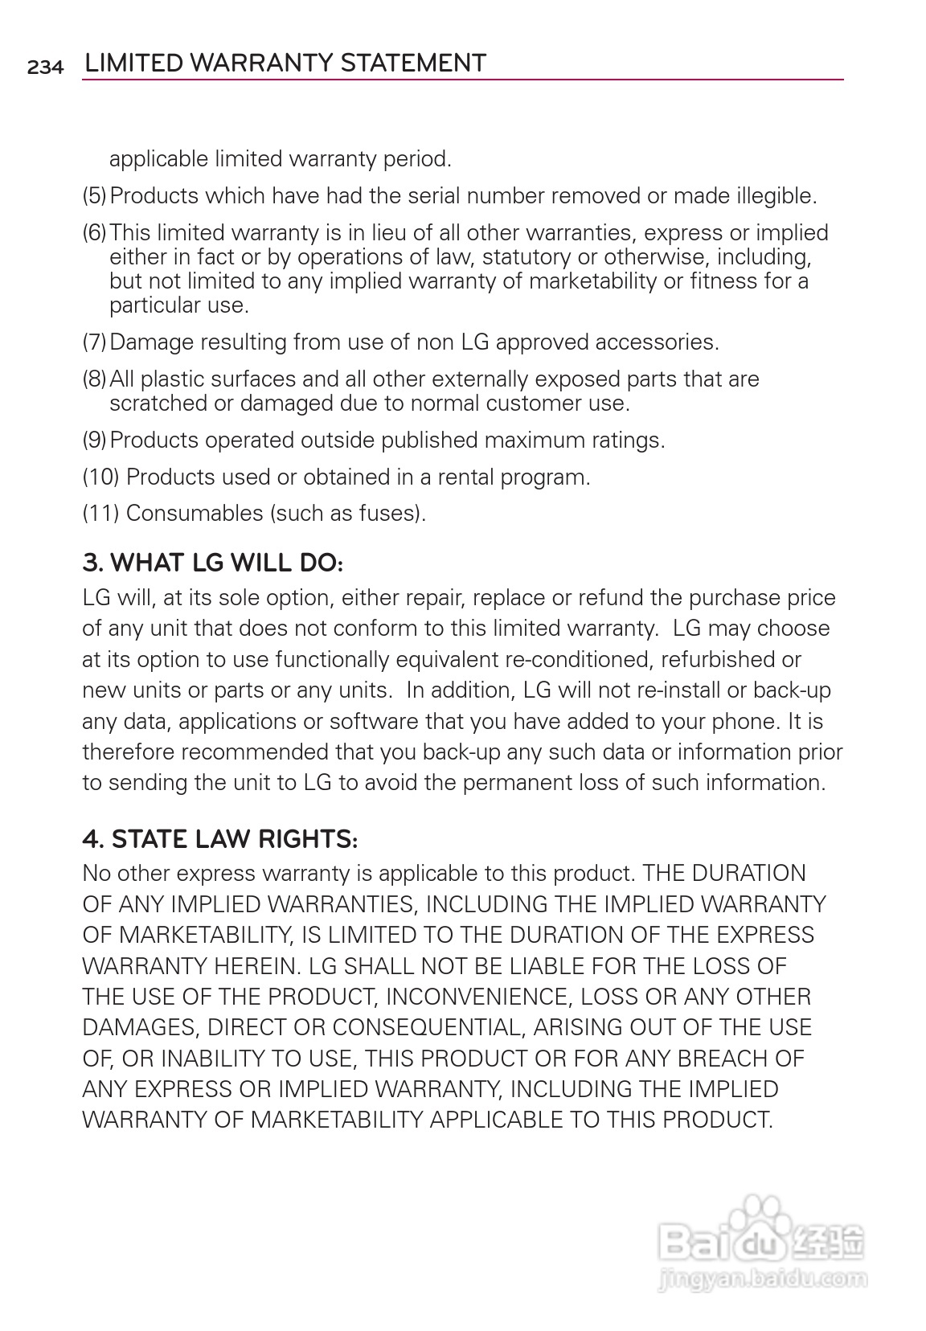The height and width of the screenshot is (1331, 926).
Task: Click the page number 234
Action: click(45, 68)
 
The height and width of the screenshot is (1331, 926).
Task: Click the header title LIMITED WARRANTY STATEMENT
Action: click(285, 63)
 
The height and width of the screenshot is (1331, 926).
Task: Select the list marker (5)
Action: click(95, 196)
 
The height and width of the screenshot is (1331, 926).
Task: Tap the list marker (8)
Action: click(95, 379)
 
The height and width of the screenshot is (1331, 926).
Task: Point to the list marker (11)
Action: click(101, 513)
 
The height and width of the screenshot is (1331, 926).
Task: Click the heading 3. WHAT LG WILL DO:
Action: click(213, 563)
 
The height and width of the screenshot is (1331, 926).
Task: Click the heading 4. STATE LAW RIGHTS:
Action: click(220, 839)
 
